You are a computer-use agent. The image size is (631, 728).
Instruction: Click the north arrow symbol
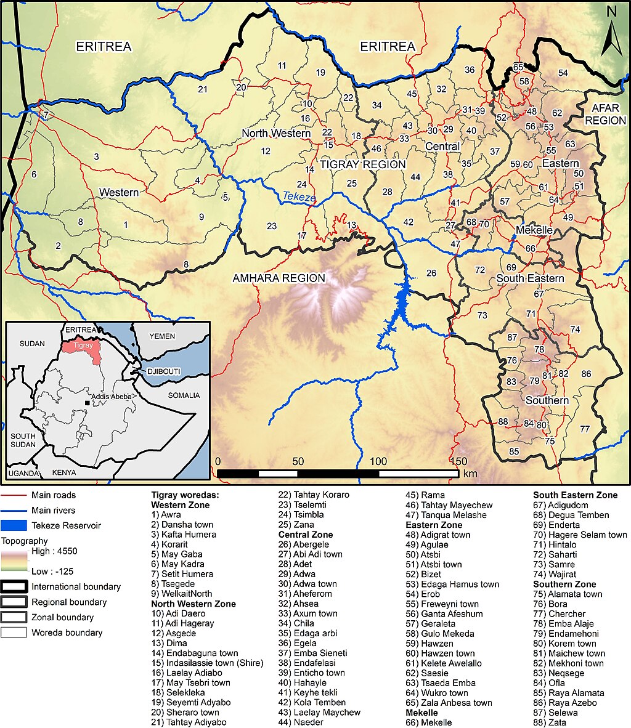(x=611, y=31)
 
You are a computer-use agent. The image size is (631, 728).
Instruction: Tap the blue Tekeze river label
(x=299, y=197)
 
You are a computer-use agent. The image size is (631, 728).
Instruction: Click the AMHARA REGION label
(x=279, y=278)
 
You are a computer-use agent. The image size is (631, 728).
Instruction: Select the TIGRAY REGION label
(x=362, y=164)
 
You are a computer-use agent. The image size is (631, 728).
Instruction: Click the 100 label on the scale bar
(x=378, y=461)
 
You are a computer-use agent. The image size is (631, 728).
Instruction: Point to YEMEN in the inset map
(x=162, y=336)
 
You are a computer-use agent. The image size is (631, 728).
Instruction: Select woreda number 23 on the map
(x=272, y=226)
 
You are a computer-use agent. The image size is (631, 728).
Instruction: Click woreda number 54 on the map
(x=563, y=73)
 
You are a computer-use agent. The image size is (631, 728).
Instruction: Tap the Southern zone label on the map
(x=547, y=400)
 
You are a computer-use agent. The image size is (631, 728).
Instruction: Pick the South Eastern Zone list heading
(x=575, y=495)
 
